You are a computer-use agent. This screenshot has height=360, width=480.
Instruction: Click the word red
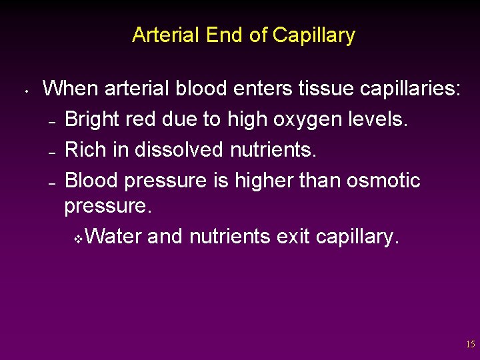pyautogui.click(x=142, y=120)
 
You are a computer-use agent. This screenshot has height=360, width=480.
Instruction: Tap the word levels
pyautogui.click(x=379, y=120)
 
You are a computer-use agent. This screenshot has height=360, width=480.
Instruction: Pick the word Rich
pyautogui.click(x=86, y=150)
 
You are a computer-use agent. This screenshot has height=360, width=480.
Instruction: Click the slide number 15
pyautogui.click(x=471, y=345)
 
